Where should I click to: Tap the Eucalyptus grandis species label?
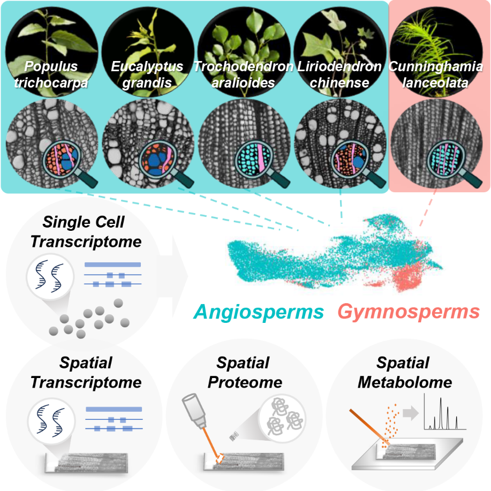(x=147, y=74)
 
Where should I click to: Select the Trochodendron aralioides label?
(x=243, y=74)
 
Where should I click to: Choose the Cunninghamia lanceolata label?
(x=436, y=74)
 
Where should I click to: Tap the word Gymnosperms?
(x=409, y=311)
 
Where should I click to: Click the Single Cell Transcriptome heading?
(x=86, y=231)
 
